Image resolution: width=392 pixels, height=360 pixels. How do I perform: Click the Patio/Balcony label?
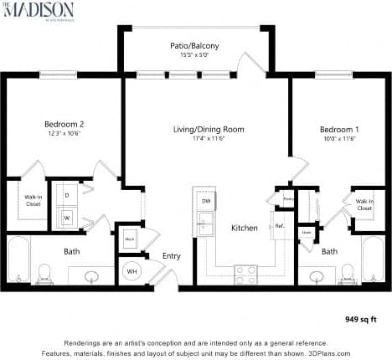199,45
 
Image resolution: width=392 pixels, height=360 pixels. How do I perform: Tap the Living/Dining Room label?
196,129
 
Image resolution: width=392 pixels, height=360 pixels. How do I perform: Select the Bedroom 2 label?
64,125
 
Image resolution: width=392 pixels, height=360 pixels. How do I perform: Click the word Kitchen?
243,228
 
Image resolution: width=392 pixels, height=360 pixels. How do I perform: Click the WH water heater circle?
132,272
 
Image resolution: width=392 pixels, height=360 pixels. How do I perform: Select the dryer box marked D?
66,194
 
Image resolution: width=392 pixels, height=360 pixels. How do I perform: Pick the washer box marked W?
66,217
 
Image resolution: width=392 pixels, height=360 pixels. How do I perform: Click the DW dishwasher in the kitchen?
205,201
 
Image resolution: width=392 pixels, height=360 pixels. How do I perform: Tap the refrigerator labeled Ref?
278,225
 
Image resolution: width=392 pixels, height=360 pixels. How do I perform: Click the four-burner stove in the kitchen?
245,270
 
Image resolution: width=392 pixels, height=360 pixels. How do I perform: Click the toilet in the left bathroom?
45,271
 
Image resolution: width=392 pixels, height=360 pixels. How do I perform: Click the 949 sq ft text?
361,318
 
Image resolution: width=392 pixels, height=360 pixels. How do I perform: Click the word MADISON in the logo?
43,10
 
